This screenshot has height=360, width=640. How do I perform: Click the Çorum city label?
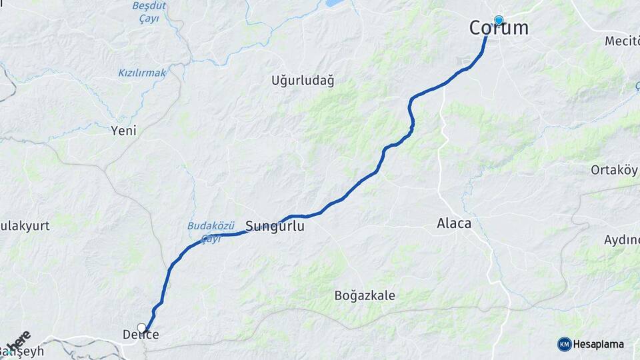tap(499, 28)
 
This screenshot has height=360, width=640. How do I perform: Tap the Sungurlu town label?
tap(275, 227)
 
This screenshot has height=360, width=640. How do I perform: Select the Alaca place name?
tap(454, 223)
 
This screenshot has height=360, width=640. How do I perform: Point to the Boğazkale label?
tap(365, 295)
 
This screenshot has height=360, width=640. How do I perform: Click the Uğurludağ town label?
tap(303, 81)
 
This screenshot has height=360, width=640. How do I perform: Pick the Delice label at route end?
tap(141, 335)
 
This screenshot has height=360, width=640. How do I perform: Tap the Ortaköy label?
tap(614, 170)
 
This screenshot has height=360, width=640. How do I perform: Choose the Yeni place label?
tap(123, 131)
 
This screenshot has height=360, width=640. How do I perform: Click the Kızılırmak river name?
tap(142, 73)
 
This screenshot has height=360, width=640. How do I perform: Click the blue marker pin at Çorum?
tap(498, 20)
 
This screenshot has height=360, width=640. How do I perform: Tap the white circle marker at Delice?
tap(141, 327)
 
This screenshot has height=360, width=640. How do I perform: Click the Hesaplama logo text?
tap(598, 345)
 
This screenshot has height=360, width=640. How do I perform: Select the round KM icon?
tap(565, 345)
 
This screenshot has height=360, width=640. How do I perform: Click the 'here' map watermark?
tap(18, 342)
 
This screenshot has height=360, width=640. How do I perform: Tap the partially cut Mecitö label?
tap(621, 41)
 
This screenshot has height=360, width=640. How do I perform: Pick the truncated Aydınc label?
tap(621, 240)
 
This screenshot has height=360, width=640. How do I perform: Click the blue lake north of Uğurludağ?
tap(333, 3)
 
